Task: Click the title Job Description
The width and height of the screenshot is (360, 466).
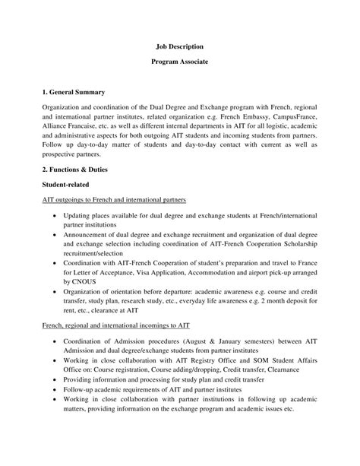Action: coord(179,46)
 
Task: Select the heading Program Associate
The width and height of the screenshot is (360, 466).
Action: coord(179,68)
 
